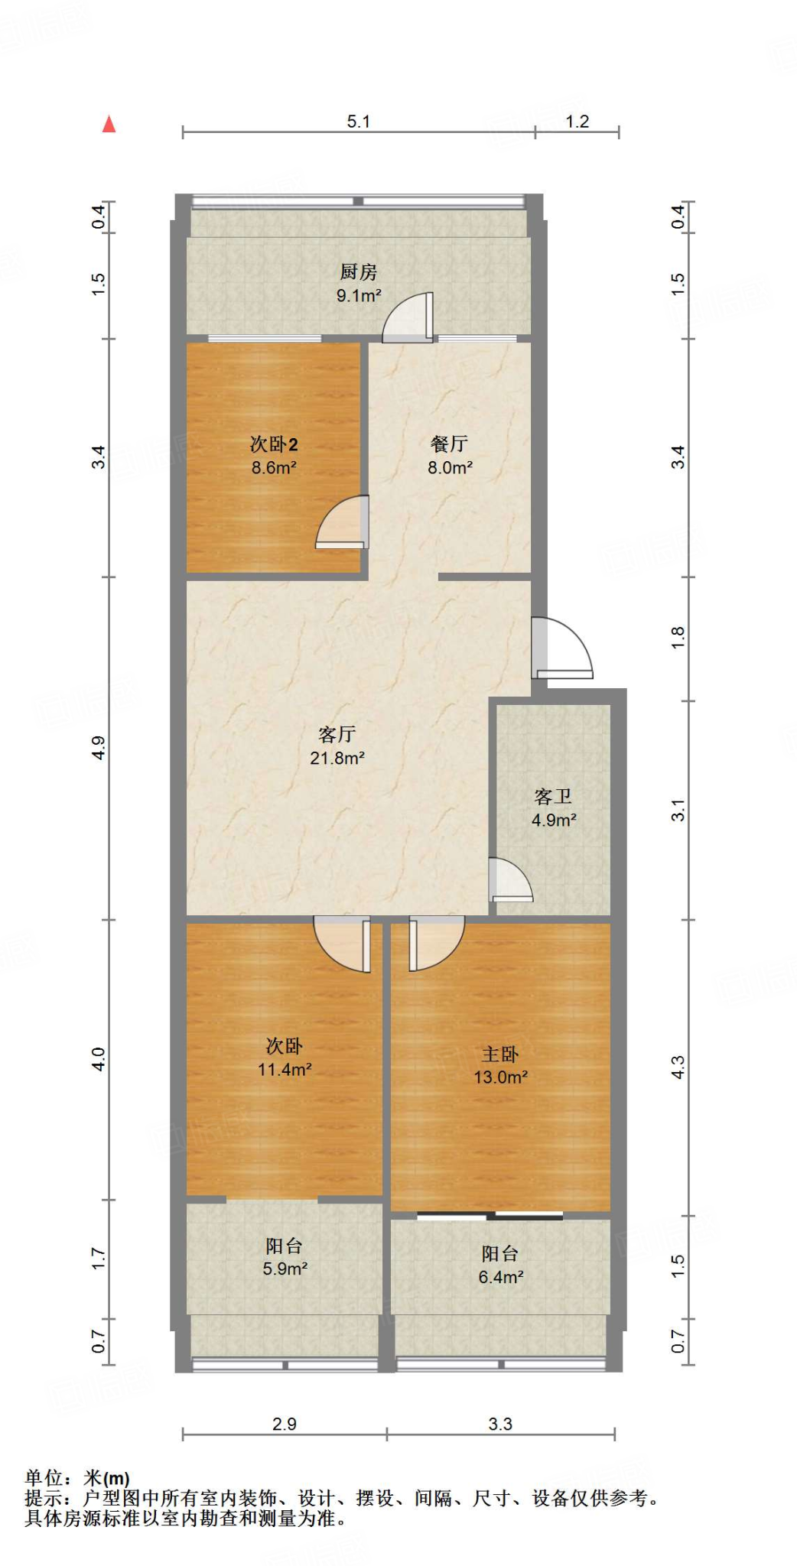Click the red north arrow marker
tap(109, 124)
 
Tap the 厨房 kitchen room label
tap(358, 271)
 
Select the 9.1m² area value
tap(359, 295)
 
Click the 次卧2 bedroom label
tap(274, 443)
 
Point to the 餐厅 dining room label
tap(449, 443)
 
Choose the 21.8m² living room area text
tap(337, 758)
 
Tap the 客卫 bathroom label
tap(553, 796)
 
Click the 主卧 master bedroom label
tap(500, 1054)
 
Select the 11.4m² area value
tap(284, 1069)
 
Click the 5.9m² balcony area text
tap(285, 1269)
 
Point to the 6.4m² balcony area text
tap(500, 1276)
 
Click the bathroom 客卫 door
tap(510, 880)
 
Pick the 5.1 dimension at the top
tap(358, 122)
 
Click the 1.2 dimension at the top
tap(577, 122)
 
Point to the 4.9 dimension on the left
tap(98, 748)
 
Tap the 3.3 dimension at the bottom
tap(500, 1424)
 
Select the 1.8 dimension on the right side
tap(678, 638)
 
